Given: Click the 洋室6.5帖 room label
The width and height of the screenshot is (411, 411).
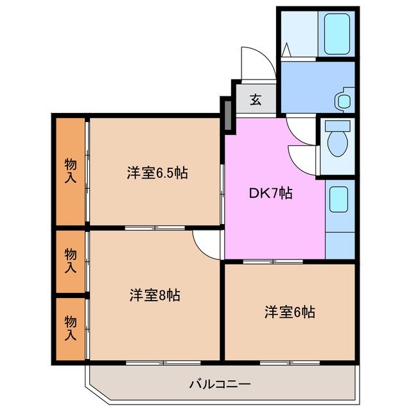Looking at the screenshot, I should pos(157,173).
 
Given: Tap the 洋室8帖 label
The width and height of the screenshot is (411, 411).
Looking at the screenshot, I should pos(154,295).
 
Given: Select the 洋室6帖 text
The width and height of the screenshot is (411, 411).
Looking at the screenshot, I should pos(289,312).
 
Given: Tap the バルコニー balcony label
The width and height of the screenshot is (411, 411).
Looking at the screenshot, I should pos(220,384).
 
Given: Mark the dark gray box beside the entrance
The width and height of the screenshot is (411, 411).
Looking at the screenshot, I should pos(226,114).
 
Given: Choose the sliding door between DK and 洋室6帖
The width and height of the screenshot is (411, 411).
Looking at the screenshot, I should pos(273,261).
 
